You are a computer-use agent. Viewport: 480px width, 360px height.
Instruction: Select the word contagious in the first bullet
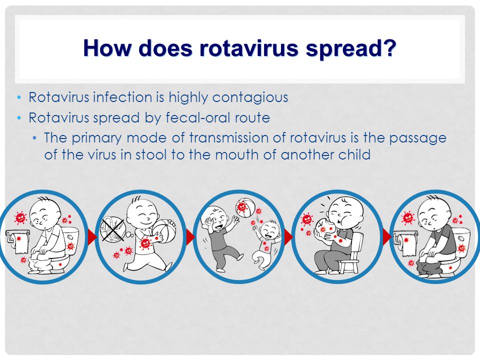(250, 98)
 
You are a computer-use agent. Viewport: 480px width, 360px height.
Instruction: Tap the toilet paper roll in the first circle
(18, 241)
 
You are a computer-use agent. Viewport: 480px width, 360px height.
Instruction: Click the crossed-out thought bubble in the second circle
(112, 229)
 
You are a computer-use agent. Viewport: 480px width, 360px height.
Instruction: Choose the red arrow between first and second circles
(92, 236)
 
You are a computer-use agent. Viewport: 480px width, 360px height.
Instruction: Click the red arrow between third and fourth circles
(288, 236)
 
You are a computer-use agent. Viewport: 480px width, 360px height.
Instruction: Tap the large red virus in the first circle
(20, 217)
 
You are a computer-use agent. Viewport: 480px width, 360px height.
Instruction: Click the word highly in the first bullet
(188, 98)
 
